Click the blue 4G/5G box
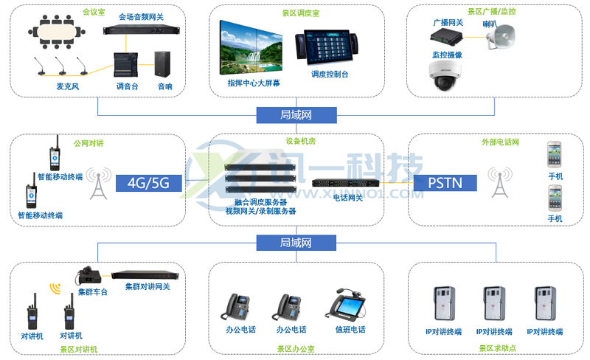[148, 182]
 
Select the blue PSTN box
[444, 182]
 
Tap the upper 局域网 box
[296, 115]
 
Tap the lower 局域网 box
[296, 242]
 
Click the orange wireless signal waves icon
[55, 288]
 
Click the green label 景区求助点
[496, 348]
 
